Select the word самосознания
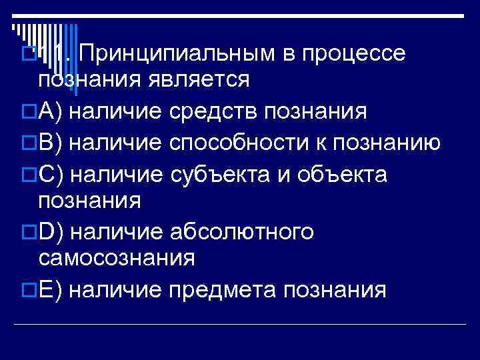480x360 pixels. [117, 258]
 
